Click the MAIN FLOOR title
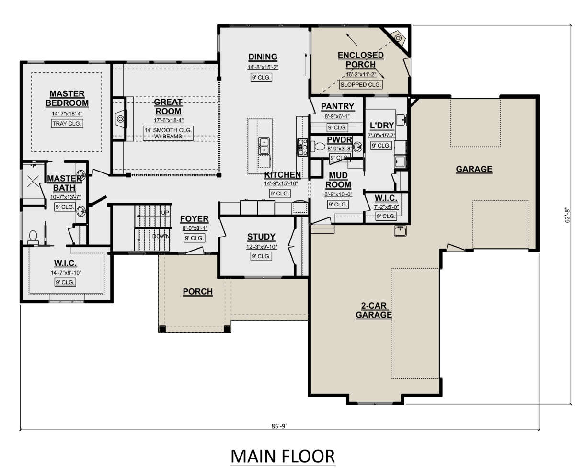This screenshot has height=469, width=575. [282, 456]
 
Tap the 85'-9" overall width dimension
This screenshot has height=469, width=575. [279, 426]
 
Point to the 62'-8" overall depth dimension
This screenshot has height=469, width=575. [567, 216]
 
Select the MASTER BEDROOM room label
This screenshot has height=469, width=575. [67, 98]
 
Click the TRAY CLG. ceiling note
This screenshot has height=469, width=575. [67, 124]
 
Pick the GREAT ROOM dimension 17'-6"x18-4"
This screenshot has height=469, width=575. [168, 120]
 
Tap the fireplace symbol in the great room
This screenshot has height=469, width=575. [120, 119]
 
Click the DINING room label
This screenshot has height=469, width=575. [263, 57]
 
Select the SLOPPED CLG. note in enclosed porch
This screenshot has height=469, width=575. [360, 84]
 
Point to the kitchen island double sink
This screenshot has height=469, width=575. [264, 146]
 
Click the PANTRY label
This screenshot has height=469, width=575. [337, 106]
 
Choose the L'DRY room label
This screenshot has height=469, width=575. [381, 126]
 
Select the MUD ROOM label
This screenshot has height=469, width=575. [338, 180]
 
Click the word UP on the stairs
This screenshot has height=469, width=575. [165, 213]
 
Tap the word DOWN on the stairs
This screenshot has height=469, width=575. [161, 236]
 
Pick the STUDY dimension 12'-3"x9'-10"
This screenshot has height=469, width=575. [261, 247]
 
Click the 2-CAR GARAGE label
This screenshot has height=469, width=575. [374, 310]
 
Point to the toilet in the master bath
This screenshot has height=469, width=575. [33, 237]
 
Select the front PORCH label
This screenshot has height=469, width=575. [198, 292]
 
